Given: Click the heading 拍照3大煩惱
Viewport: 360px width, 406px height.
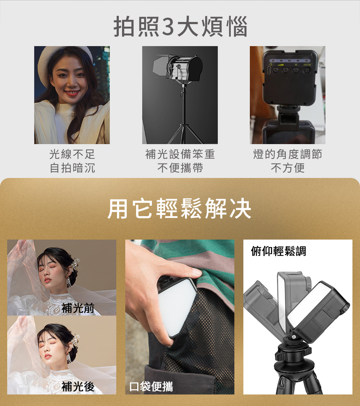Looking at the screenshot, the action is [x=180, y=26].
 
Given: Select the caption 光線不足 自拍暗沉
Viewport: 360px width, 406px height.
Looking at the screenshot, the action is [x=72, y=161].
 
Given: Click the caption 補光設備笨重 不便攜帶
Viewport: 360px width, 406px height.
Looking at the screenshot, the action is [x=180, y=161].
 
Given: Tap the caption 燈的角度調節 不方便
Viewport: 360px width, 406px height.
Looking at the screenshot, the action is [x=288, y=161].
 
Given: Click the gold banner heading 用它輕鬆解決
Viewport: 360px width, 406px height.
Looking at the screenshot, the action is [x=179, y=209].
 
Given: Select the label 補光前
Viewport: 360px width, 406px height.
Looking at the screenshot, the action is [x=78, y=308].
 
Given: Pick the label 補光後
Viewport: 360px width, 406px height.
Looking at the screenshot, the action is [x=78, y=387].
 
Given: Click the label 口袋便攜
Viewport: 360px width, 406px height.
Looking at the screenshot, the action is [x=151, y=387].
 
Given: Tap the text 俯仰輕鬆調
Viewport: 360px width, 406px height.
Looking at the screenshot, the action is [x=279, y=251].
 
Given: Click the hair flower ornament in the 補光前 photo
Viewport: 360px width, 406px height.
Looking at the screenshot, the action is [x=75, y=263].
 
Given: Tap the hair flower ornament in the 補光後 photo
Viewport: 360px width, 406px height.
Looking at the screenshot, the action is [x=75, y=340].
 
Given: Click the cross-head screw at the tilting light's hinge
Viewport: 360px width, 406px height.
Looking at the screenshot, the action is [x=294, y=337].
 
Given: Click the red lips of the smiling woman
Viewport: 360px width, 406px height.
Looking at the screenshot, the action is [x=71, y=93].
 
